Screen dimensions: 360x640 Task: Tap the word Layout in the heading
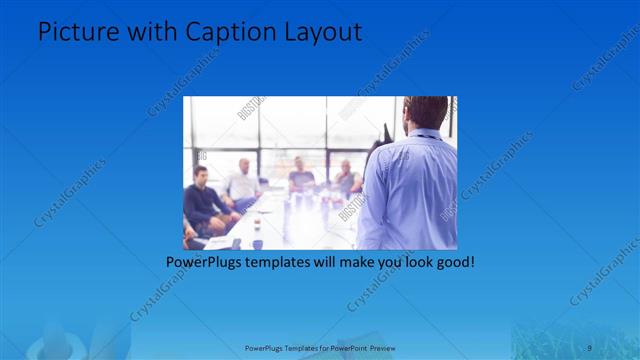(323, 33)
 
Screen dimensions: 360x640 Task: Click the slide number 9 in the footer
(590, 347)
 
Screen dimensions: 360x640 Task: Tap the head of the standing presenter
(427, 113)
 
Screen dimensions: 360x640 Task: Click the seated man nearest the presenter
(346, 179)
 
